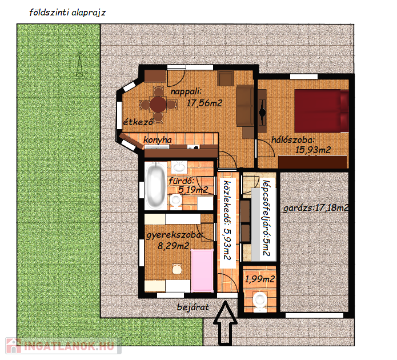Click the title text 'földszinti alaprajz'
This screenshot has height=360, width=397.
point(67,13)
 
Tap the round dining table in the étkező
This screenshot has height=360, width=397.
point(158,104)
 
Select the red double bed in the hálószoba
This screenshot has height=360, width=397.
point(322,111)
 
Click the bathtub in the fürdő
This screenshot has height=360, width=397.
point(156,186)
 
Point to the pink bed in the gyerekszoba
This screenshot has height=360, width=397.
point(202,270)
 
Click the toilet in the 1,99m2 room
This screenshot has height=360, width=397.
point(260,301)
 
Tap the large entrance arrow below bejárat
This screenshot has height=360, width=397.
point(225,323)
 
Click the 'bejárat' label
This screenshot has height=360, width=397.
point(193,307)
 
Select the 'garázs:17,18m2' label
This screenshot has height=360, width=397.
point(316,208)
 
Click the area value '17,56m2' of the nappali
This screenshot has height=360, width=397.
point(204,103)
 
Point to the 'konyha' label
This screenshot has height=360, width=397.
point(158,140)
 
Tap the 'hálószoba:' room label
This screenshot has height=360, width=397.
point(293,139)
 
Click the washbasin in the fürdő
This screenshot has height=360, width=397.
point(179,167)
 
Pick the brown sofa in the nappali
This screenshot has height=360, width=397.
point(245,105)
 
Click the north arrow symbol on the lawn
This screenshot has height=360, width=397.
point(79,64)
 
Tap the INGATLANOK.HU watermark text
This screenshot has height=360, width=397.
point(69,346)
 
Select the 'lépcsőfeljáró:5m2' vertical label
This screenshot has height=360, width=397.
point(266,218)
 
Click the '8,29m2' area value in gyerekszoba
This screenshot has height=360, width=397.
point(174,246)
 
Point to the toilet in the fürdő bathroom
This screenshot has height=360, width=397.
point(175,202)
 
